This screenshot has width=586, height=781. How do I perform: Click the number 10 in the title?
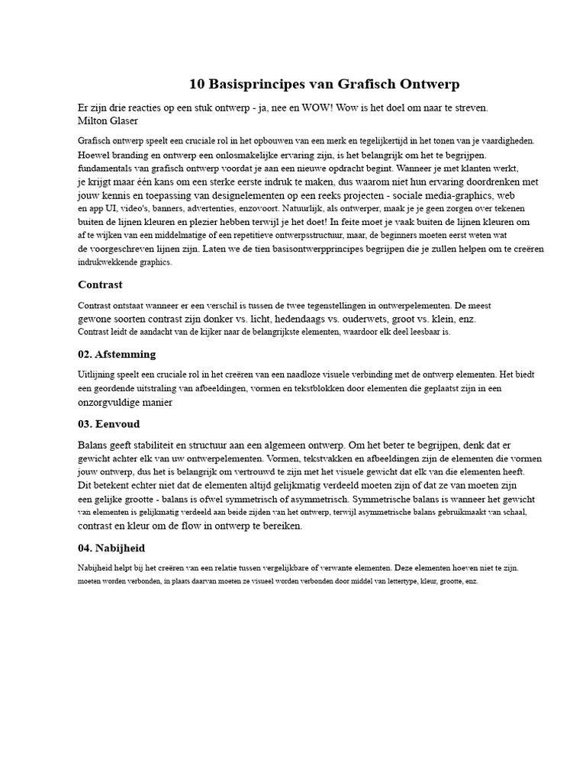(x=198, y=84)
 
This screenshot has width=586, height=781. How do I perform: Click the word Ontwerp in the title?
(x=433, y=84)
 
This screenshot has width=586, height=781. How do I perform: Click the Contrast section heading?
(x=100, y=284)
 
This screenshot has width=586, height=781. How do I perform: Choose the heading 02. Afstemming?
(x=117, y=354)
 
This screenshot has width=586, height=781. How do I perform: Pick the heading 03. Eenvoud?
(x=108, y=423)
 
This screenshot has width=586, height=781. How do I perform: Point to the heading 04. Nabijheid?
(x=111, y=548)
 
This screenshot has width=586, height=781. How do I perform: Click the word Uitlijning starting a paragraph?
(x=95, y=374)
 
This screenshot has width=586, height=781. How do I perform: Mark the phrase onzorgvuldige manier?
(x=126, y=402)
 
